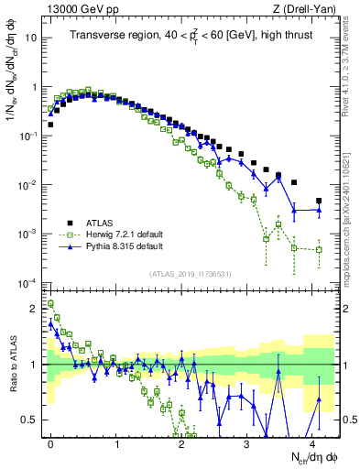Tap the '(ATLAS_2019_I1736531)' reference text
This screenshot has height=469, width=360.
click(189, 273)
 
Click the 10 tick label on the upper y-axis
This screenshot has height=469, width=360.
click(32, 38)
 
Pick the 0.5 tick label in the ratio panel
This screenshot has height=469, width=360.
click(30, 420)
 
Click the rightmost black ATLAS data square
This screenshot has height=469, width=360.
click(319, 201)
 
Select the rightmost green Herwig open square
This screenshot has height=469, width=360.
click(319, 249)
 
